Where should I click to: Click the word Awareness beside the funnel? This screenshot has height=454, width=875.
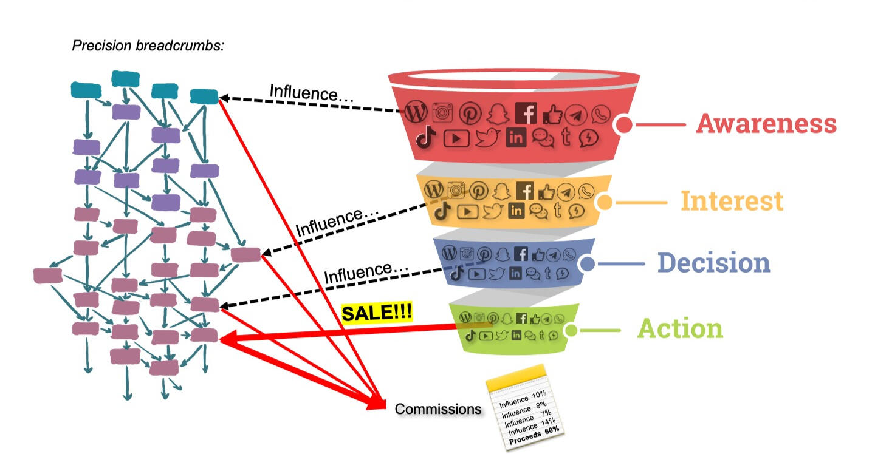pos(766,123)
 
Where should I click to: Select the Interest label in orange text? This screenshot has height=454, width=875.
pos(732,201)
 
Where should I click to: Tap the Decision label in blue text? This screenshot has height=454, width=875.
pos(713,263)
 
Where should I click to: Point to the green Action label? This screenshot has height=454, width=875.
pos(680,329)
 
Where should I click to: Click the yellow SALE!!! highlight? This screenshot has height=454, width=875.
pos(377,313)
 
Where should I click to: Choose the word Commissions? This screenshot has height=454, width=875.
pos(437,409)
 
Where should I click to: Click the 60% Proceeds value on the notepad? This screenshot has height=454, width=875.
pos(552,431)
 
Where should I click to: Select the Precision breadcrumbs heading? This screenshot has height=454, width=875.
pos(149,46)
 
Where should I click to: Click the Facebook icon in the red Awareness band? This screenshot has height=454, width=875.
pos(526,113)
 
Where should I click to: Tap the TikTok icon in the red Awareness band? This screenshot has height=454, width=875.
pos(427,138)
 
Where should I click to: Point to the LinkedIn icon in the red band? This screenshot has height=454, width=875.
pos(516,138)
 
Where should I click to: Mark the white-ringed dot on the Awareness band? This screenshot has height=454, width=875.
pos(623,124)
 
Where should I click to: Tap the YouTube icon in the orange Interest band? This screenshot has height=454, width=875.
pos(467,211)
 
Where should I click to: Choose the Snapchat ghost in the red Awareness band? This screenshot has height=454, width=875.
pos(498,113)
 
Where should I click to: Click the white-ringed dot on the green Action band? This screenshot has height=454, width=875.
pos(571,330)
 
